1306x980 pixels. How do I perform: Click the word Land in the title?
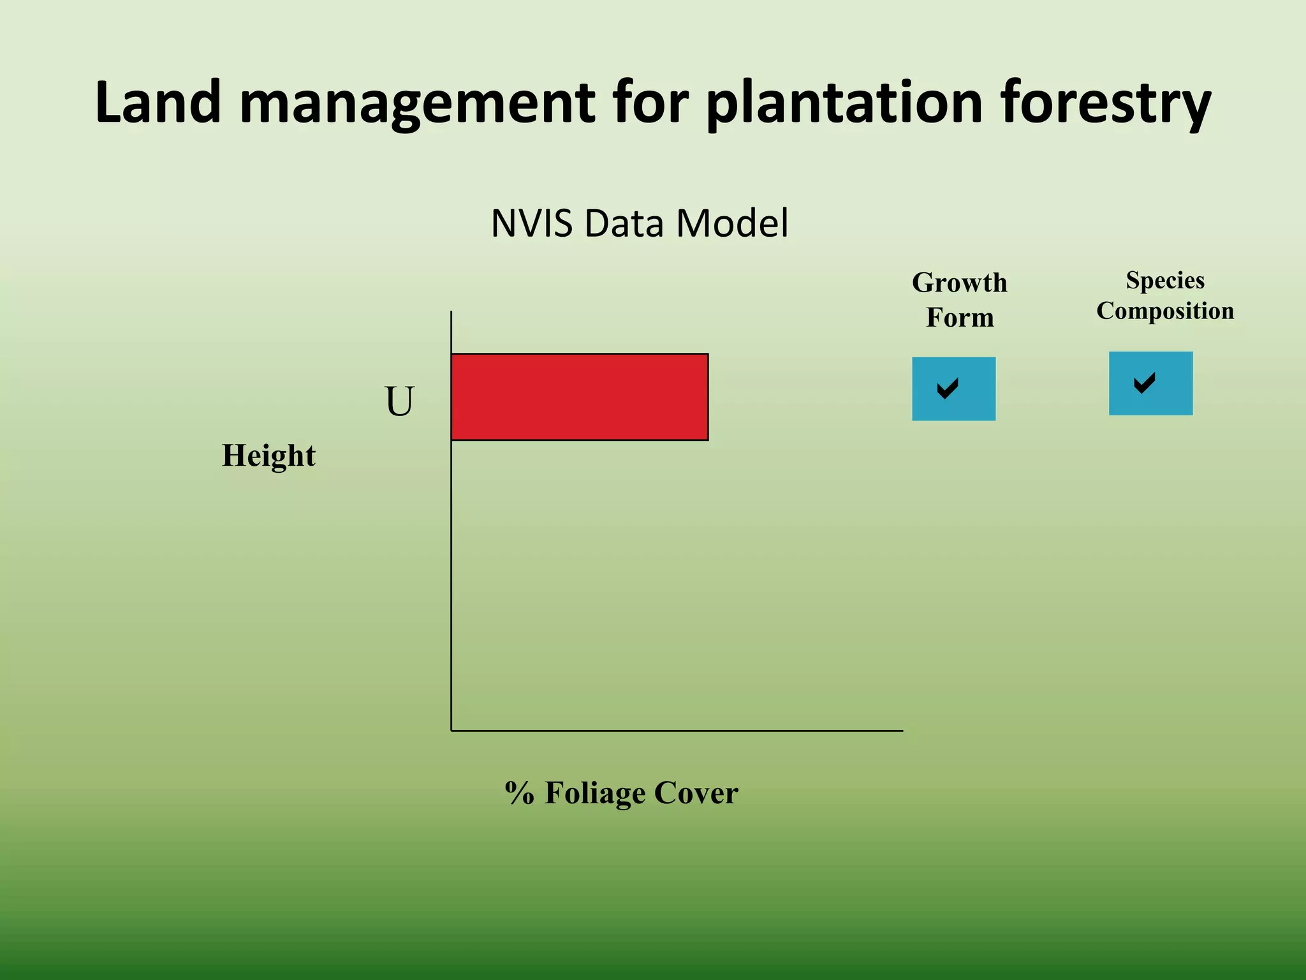158,102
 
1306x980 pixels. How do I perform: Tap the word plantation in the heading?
844,103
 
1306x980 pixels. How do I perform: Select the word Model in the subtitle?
732,223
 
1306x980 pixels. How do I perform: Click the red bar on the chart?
579,396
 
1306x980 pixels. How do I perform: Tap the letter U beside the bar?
400,401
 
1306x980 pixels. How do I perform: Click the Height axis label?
268,456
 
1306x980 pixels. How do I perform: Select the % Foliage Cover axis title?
621,792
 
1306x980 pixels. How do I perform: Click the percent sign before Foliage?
519,793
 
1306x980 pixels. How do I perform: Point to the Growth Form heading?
959,300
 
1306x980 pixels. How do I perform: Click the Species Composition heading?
1164,295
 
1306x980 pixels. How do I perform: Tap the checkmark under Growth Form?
948,388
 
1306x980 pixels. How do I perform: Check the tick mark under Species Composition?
1145,383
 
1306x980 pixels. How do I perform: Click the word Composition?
1164,311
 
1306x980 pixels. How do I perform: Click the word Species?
1164,280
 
